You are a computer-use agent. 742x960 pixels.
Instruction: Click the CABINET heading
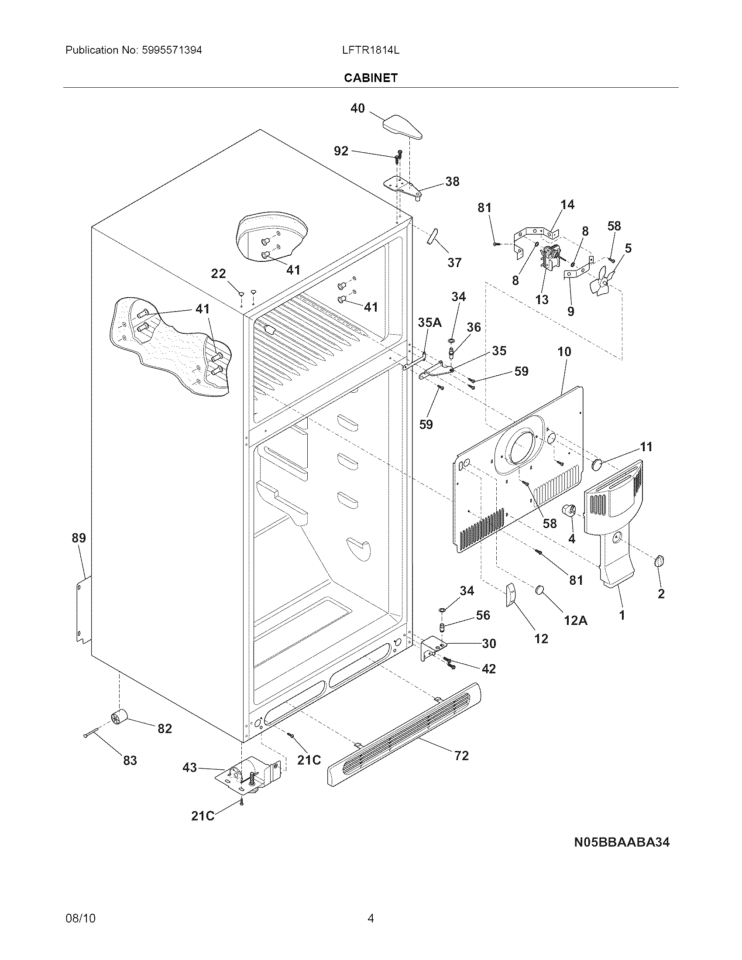tap(371, 78)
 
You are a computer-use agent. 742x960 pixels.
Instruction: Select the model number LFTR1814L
tap(371, 50)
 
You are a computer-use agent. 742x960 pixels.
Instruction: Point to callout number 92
tap(341, 151)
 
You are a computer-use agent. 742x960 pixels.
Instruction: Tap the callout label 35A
tap(429, 322)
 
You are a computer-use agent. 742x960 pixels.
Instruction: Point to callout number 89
tap(79, 538)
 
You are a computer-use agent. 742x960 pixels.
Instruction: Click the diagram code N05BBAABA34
tap(622, 842)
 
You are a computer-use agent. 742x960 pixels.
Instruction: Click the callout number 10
tap(564, 351)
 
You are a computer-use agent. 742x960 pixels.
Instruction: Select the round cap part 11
tap(598, 464)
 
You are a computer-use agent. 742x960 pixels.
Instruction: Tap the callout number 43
tap(189, 768)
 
